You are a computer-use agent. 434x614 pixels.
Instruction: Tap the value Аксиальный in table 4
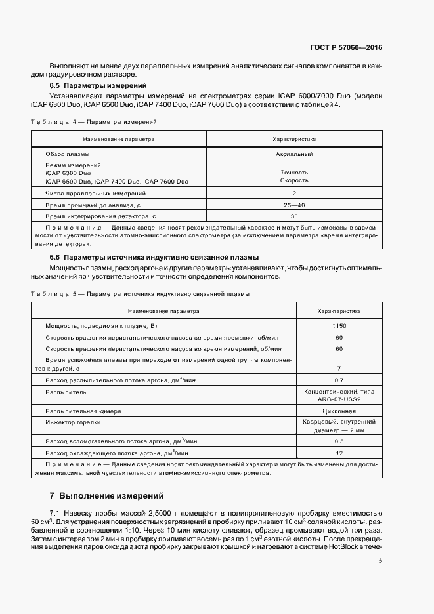[293, 153]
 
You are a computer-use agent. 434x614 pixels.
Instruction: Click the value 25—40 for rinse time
[293, 205]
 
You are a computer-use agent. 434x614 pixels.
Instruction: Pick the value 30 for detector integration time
[293, 216]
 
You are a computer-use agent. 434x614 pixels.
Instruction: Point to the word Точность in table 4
[293, 173]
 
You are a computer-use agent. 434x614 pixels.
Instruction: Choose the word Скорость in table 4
[293, 180]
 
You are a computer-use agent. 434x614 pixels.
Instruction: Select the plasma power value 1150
[339, 326]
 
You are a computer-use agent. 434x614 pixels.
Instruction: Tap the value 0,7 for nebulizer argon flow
[339, 380]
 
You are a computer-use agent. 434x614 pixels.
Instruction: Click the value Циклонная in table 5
[339, 411]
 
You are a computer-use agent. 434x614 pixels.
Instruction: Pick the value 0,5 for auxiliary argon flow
[339, 441]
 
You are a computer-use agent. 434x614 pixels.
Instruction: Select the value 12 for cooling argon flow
[339, 453]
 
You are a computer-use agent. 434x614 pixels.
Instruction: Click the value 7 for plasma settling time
[339, 369]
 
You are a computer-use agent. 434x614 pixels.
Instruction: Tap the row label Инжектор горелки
[72, 422]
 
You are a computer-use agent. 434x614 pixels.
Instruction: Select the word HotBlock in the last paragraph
[337, 546]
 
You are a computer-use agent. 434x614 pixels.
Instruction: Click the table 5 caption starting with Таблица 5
[140, 294]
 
